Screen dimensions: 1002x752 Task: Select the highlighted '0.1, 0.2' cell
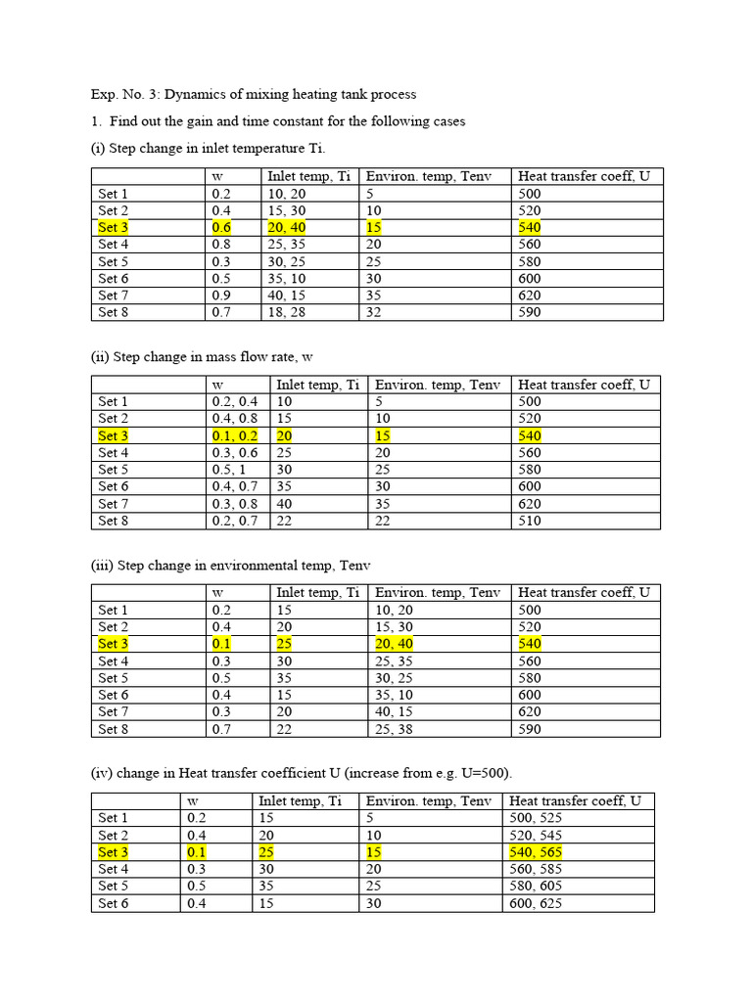234,435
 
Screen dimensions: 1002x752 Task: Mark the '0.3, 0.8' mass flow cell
234,504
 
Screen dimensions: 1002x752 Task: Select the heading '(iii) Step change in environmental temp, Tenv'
231,566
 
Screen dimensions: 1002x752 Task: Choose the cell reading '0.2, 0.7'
234,521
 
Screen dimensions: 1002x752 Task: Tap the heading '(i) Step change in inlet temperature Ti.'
209,148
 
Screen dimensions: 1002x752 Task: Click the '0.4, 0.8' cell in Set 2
234,419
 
